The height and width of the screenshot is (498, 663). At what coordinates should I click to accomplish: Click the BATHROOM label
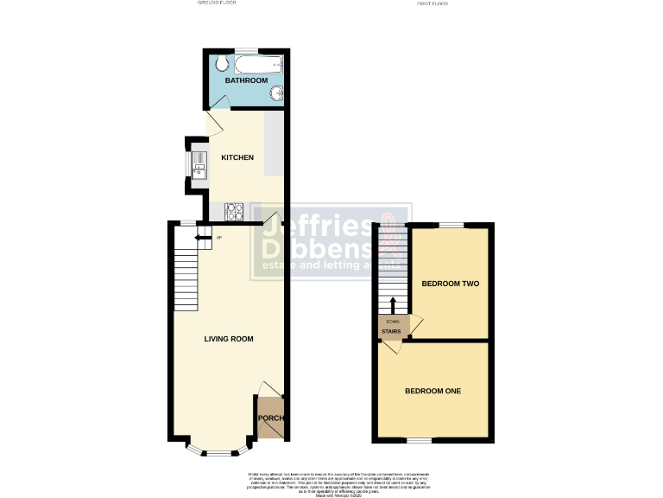click(x=246, y=80)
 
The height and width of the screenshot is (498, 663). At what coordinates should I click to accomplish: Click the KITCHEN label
click(x=237, y=157)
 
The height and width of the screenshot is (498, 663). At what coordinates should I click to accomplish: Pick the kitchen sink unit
click(x=198, y=164)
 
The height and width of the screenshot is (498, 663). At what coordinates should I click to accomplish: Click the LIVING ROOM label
click(x=229, y=339)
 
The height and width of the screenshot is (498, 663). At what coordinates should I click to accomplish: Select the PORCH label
click(x=270, y=418)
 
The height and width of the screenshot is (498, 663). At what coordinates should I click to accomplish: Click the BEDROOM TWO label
click(x=450, y=284)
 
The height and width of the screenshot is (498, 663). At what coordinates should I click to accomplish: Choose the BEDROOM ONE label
click(x=433, y=391)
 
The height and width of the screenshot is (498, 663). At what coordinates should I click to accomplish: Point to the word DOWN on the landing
click(x=393, y=321)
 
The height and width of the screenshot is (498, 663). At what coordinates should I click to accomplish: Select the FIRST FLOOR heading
click(x=433, y=3)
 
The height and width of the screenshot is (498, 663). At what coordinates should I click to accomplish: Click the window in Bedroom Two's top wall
click(x=450, y=225)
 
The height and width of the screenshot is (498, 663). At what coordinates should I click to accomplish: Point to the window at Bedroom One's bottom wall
click(x=420, y=441)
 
